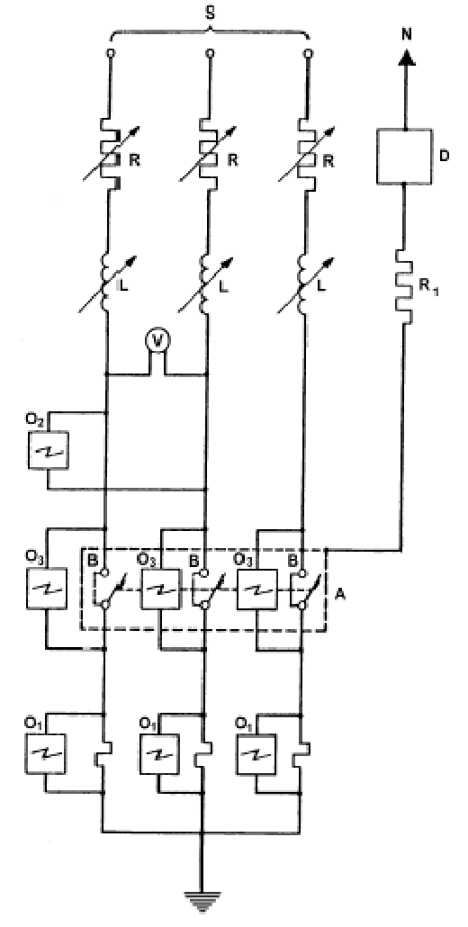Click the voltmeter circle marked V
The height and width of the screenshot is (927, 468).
(x=157, y=340)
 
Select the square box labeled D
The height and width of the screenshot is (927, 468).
(x=405, y=156)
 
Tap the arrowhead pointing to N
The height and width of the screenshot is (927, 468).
(x=406, y=56)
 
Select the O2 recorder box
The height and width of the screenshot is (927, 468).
(x=48, y=451)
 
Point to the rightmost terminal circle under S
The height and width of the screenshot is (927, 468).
(x=307, y=54)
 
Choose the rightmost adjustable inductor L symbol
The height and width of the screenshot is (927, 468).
(x=303, y=283)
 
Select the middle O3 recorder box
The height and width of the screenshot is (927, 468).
(x=159, y=589)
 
